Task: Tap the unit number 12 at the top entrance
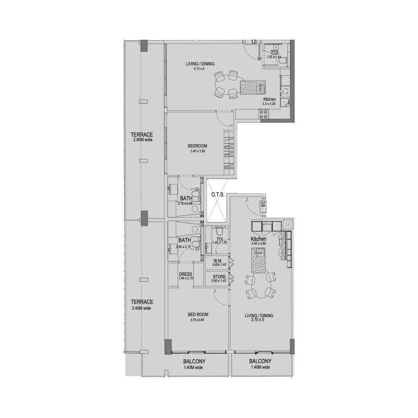point(253,41)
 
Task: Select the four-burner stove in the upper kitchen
point(263,114)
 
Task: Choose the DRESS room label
point(185,276)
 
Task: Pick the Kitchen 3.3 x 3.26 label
point(270,101)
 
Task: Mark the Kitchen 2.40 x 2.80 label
point(259,241)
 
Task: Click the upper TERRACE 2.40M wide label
point(142,137)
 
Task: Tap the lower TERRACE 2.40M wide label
point(142,305)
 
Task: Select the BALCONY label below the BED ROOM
point(194,365)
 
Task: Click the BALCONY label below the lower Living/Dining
point(260,365)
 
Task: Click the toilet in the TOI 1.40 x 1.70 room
point(219,232)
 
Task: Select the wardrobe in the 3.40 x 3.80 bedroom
point(229,153)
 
